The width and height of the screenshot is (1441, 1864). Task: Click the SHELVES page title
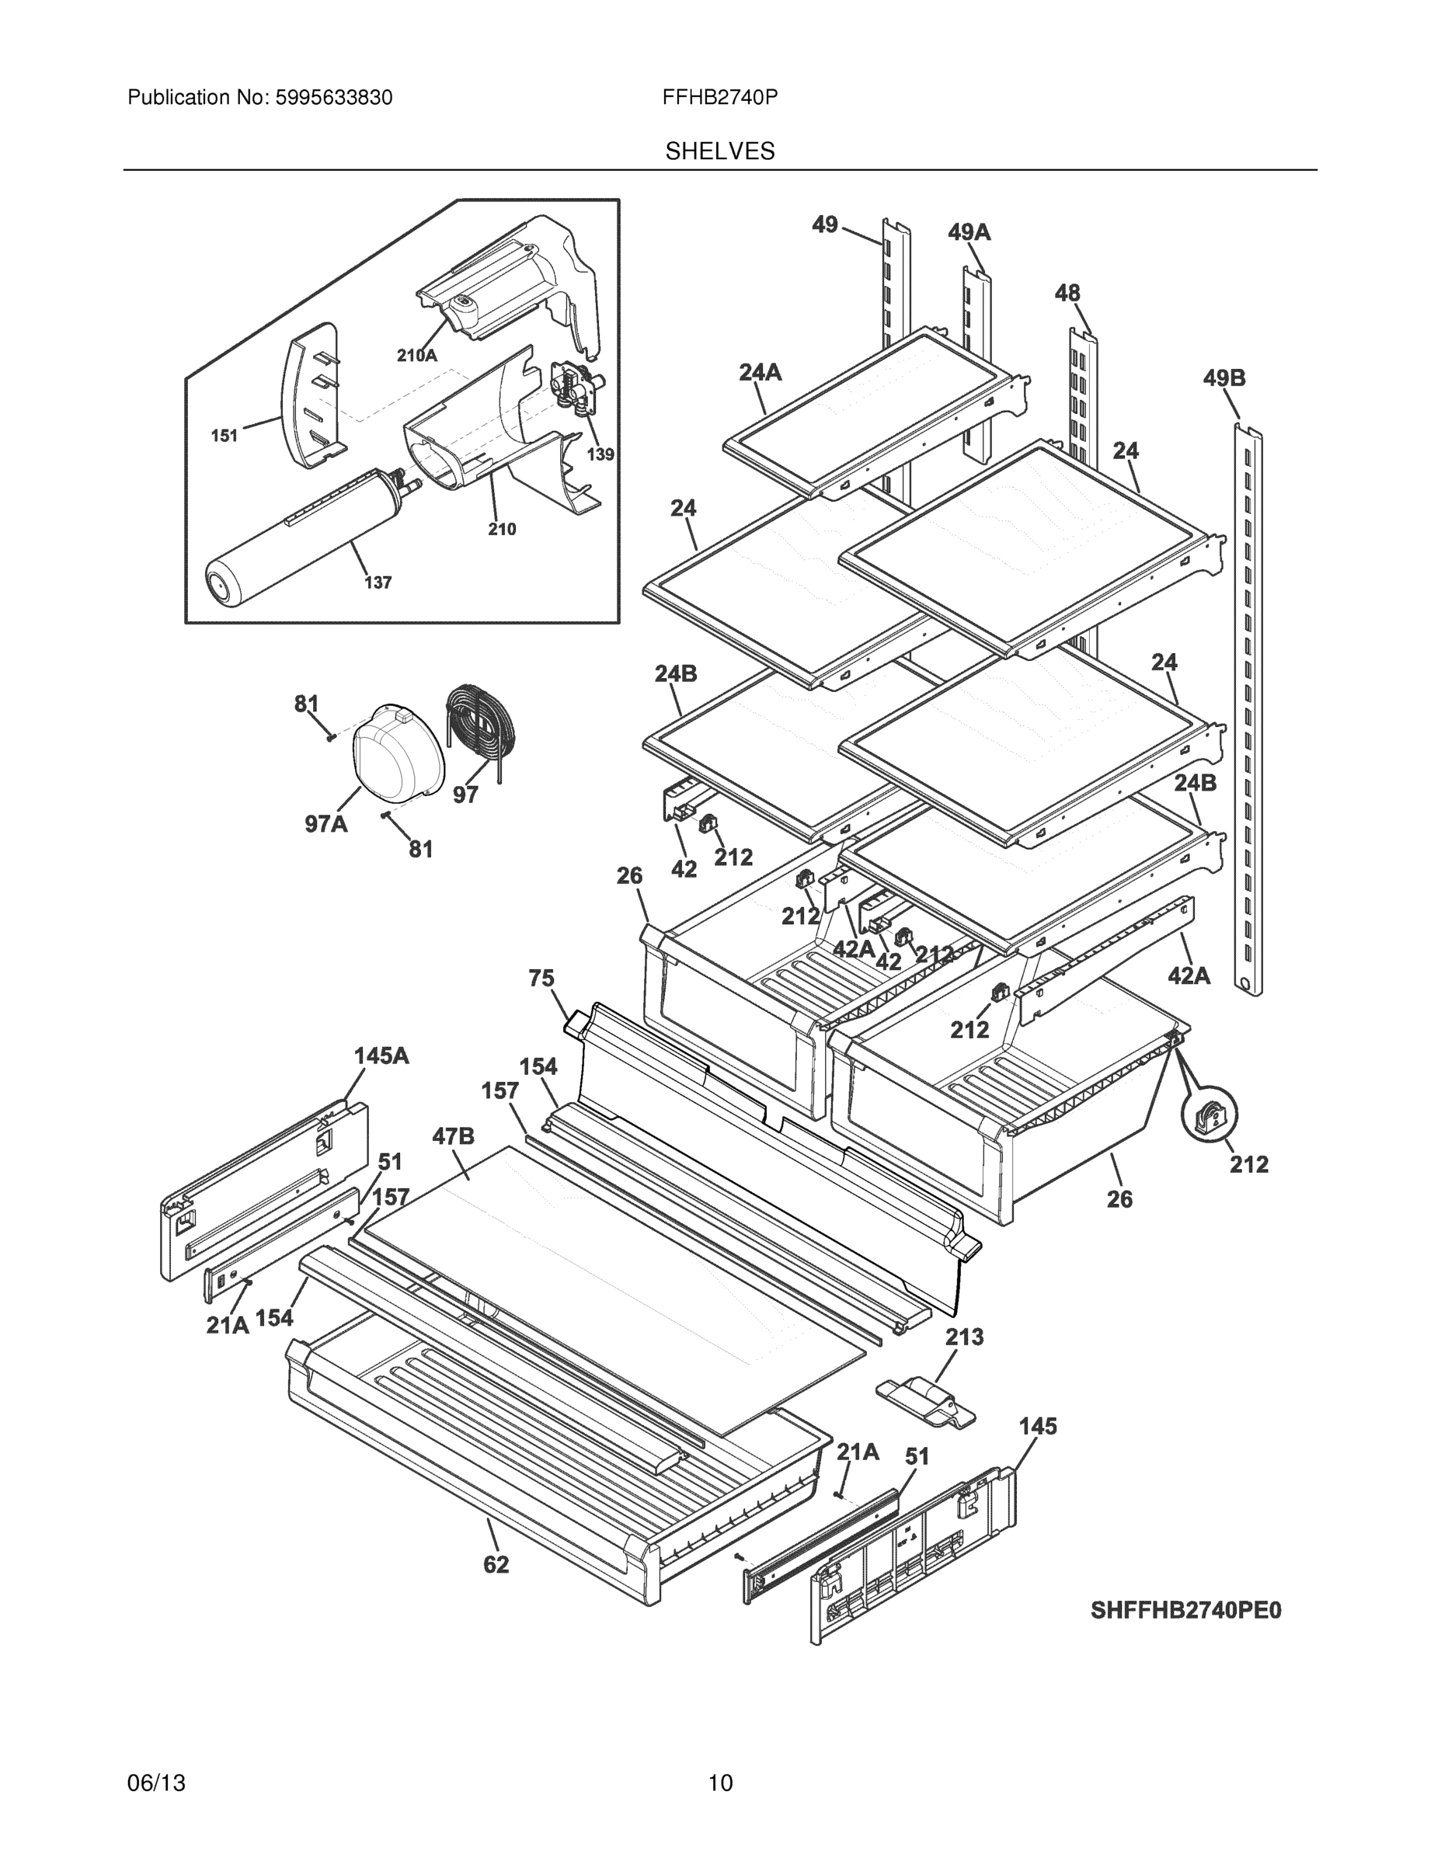pyautogui.click(x=719, y=151)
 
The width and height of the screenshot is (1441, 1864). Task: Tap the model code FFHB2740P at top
pyautogui.click(x=719, y=98)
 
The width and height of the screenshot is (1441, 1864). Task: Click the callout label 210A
pyautogui.click(x=416, y=356)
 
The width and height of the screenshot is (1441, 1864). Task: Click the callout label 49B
pyautogui.click(x=1224, y=377)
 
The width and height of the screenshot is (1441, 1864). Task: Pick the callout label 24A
pyautogui.click(x=760, y=371)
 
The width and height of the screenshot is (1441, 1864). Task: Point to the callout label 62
pyautogui.click(x=495, y=1564)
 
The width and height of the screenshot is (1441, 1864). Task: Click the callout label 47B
pyautogui.click(x=454, y=1136)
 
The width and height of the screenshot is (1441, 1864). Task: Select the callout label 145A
pyautogui.click(x=381, y=1055)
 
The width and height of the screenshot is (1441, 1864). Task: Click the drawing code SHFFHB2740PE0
pyautogui.click(x=1185, y=1612)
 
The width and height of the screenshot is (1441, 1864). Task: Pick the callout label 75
pyautogui.click(x=541, y=978)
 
